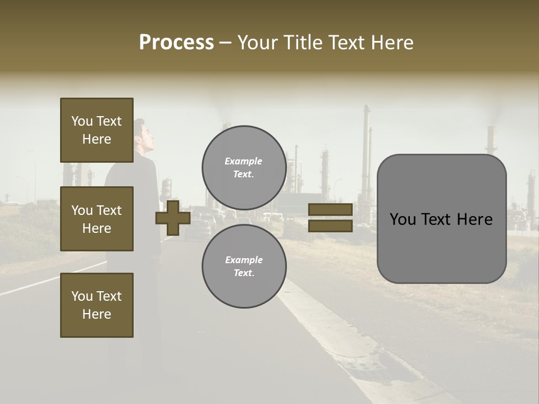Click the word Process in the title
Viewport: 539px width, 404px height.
click(x=176, y=43)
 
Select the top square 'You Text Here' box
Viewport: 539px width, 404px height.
click(x=97, y=130)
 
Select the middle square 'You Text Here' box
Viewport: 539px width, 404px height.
click(x=97, y=219)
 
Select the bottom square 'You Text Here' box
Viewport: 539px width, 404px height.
click(x=97, y=305)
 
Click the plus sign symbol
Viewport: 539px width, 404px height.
click(x=173, y=218)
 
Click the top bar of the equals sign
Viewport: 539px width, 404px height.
click(x=330, y=209)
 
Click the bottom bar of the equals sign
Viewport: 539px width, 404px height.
click(x=330, y=226)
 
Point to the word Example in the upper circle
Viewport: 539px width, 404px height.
click(x=244, y=161)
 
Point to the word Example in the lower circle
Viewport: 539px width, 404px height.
click(x=244, y=260)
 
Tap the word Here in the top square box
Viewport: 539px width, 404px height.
click(x=97, y=139)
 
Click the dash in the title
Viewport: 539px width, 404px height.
click(x=226, y=43)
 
